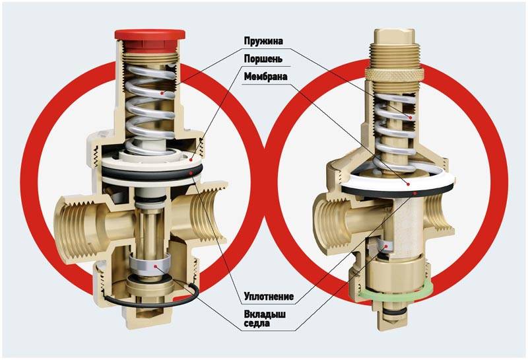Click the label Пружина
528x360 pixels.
(263, 41)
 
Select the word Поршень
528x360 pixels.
(263, 59)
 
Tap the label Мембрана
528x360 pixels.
(266, 77)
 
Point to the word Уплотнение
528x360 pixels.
(269, 297)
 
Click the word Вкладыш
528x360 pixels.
(265, 314)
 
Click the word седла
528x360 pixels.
(257, 323)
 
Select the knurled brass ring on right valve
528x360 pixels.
(394, 73)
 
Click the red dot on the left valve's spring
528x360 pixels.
(162, 92)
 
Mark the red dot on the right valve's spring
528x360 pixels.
(411, 118)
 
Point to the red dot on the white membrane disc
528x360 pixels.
(408, 184)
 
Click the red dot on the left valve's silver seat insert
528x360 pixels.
(155, 266)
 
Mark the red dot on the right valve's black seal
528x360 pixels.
(416, 193)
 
